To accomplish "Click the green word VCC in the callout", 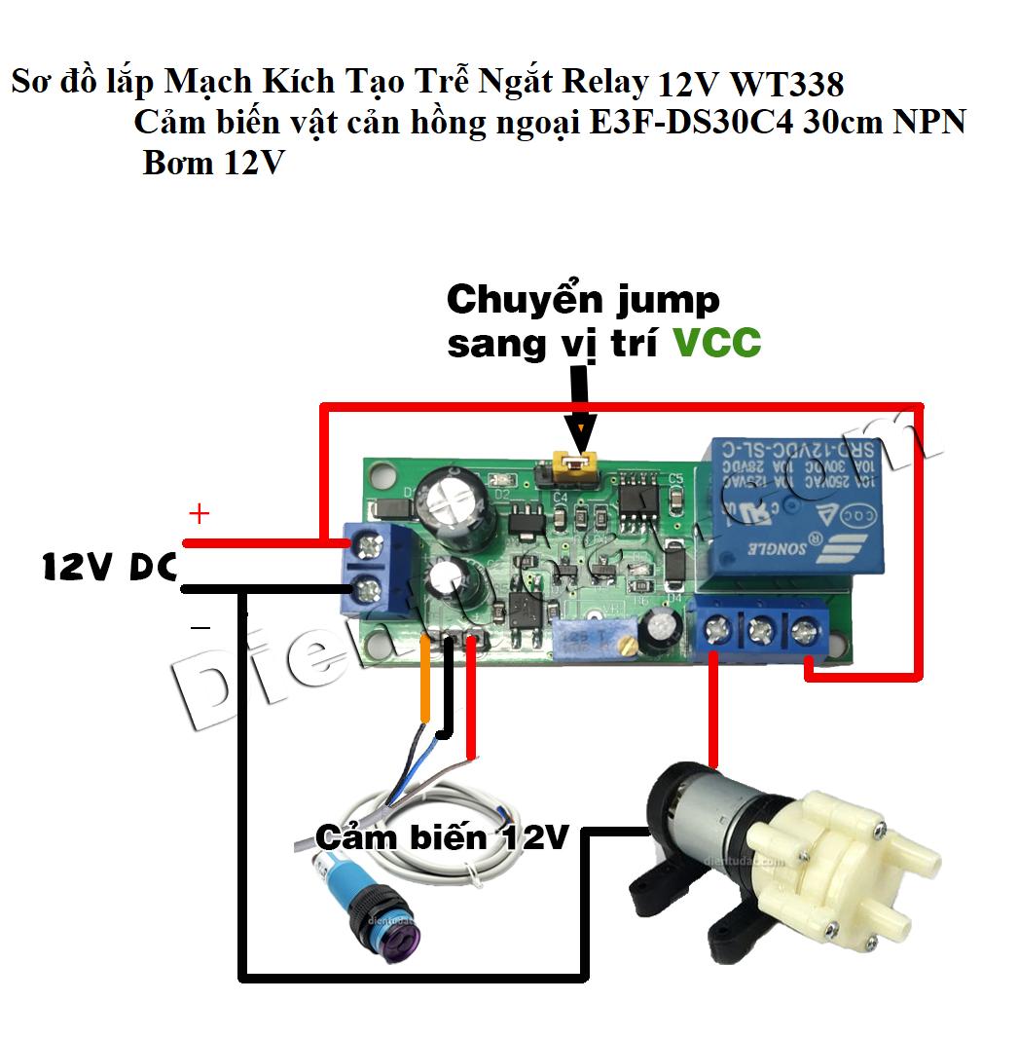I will pyautogui.click(x=717, y=343).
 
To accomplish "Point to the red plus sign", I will pyautogui.click(x=199, y=512).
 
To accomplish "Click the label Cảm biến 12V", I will pyautogui.click(x=441, y=836).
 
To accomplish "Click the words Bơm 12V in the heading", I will pyautogui.click(x=211, y=162).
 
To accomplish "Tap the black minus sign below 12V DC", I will pyautogui.click(x=200, y=629).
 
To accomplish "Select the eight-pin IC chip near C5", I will pyautogui.click(x=641, y=493).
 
